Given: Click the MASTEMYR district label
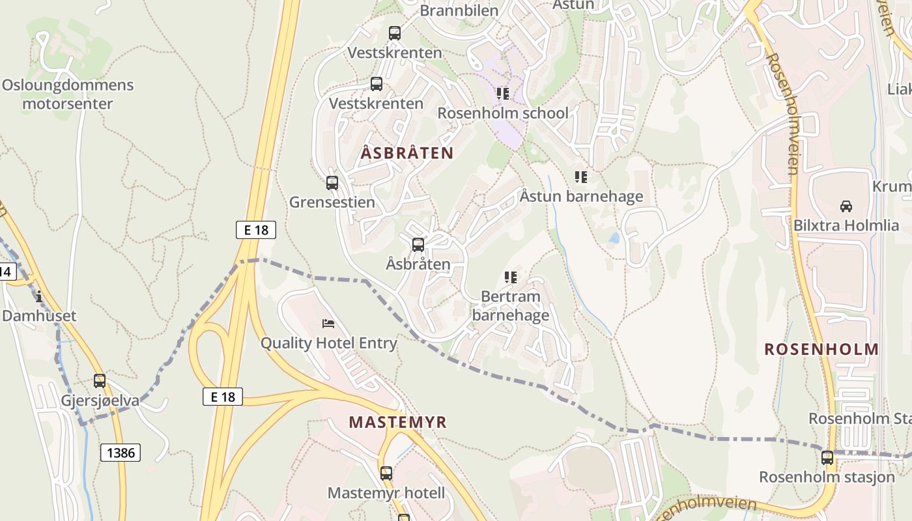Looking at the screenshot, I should click(397, 422).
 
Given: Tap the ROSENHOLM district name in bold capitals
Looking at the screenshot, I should click(821, 349).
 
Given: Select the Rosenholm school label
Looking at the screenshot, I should click(502, 113).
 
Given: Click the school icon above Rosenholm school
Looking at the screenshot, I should click(502, 94).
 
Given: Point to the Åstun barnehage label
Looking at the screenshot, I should click(581, 196).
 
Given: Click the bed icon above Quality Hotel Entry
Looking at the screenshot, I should click(329, 324).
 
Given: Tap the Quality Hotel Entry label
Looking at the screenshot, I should click(329, 343).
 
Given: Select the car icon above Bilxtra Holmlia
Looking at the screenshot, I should click(846, 206).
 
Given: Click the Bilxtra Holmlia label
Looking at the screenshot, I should click(846, 226).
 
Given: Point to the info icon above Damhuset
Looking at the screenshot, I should click(39, 297).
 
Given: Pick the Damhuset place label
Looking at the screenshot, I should click(39, 316).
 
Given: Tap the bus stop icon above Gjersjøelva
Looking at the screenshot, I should click(100, 381).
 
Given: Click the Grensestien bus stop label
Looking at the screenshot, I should click(332, 202).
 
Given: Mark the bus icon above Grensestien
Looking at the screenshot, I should click(332, 183).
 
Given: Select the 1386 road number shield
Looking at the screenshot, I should click(121, 453).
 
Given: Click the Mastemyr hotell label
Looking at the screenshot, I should click(386, 493).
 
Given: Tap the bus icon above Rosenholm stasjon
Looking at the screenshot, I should click(827, 458).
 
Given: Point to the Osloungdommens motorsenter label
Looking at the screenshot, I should click(67, 94).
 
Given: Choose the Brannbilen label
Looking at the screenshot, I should click(459, 10).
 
